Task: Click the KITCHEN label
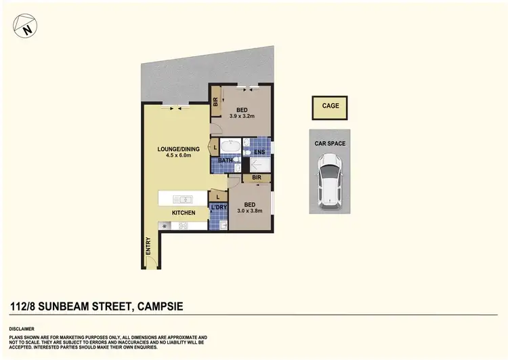pyautogui.click(x=184, y=213)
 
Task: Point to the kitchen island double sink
pyautogui.click(x=183, y=199)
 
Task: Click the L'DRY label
pyautogui.click(x=218, y=207)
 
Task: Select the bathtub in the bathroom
pyautogui.click(x=232, y=147)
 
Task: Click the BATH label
pyautogui.click(x=226, y=161)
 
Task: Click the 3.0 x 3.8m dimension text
pyautogui.click(x=249, y=210)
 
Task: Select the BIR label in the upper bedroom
pyautogui.click(x=215, y=102)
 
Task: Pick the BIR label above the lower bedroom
pyautogui.click(x=257, y=178)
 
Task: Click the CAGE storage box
pyautogui.click(x=330, y=106)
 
